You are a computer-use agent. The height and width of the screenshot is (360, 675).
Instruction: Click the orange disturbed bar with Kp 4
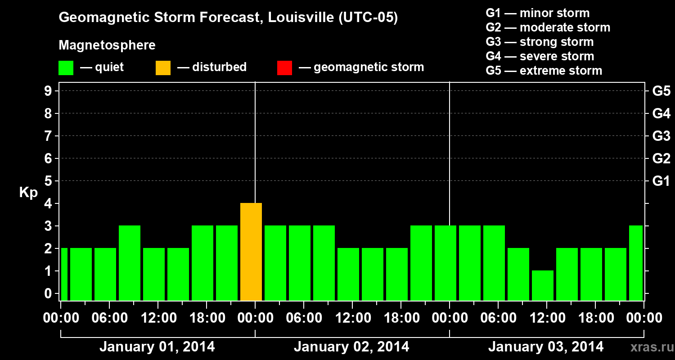(x=251, y=252)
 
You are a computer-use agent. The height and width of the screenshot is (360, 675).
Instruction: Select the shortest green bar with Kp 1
(x=543, y=285)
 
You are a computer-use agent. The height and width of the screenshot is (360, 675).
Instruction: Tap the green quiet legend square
(x=66, y=67)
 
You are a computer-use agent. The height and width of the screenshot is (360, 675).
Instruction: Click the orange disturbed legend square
(x=163, y=67)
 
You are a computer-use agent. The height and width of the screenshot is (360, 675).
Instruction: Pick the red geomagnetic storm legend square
(x=284, y=67)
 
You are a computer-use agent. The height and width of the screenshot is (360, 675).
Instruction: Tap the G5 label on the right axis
(x=661, y=91)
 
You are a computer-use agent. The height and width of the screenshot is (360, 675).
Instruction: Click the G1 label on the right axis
(x=661, y=181)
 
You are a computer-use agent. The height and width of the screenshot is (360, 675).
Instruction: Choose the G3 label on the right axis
(x=661, y=136)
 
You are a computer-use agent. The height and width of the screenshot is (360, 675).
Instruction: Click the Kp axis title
(x=28, y=193)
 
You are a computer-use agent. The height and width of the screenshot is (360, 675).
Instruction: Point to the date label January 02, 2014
(x=351, y=346)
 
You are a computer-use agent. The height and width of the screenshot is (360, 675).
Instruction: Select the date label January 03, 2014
(x=546, y=346)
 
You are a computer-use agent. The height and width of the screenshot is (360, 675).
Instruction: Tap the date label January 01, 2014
(x=157, y=346)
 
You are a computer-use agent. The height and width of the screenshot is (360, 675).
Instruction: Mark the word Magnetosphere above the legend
(x=107, y=45)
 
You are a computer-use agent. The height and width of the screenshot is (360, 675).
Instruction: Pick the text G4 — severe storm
(x=540, y=56)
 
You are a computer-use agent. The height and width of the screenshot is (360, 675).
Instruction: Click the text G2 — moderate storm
(x=548, y=27)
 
